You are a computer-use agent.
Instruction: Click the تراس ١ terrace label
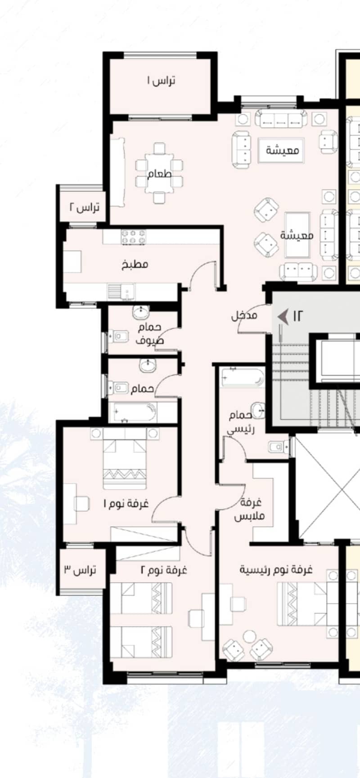(161, 80)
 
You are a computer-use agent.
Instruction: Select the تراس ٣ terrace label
(80, 570)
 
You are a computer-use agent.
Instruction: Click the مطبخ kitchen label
(135, 264)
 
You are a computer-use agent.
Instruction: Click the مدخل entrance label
(244, 316)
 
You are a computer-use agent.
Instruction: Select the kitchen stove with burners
(133, 237)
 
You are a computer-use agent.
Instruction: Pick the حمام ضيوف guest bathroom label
(149, 334)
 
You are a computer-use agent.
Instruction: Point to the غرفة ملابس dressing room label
(249, 509)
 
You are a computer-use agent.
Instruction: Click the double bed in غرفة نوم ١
(125, 459)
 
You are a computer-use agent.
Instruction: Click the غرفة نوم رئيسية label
(275, 570)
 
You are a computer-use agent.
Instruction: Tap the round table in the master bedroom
(249, 637)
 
